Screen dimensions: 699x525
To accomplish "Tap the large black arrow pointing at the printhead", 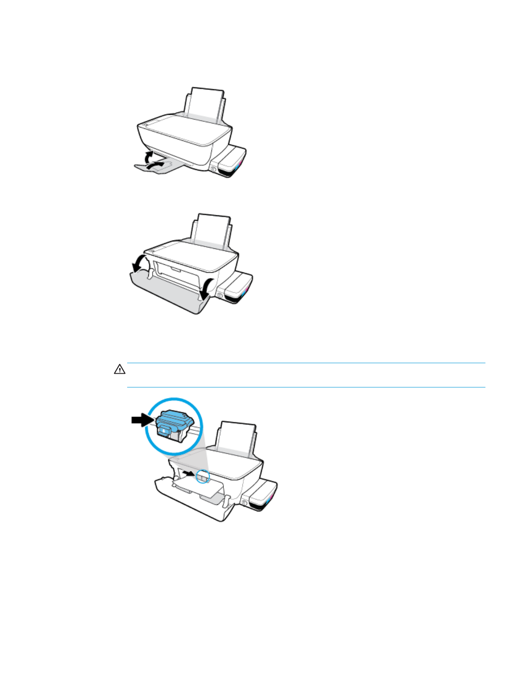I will (x=142, y=420).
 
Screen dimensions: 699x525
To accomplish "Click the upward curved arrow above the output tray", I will (x=149, y=156).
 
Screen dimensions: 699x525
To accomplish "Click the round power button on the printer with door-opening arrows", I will (x=220, y=294).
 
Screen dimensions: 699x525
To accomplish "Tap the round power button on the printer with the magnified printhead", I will (x=244, y=503).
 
